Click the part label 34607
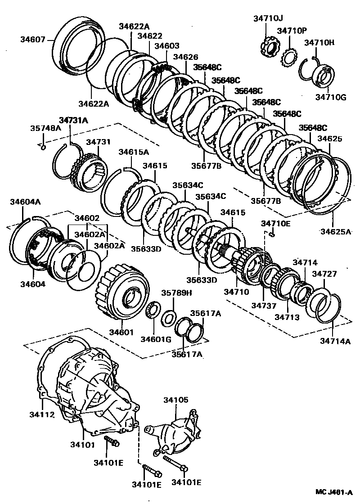click(x=33, y=39)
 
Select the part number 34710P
click(x=292, y=31)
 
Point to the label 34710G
click(x=331, y=97)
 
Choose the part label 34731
click(x=98, y=142)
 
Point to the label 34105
click(x=176, y=399)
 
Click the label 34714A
click(x=335, y=341)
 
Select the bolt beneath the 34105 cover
click(x=175, y=463)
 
